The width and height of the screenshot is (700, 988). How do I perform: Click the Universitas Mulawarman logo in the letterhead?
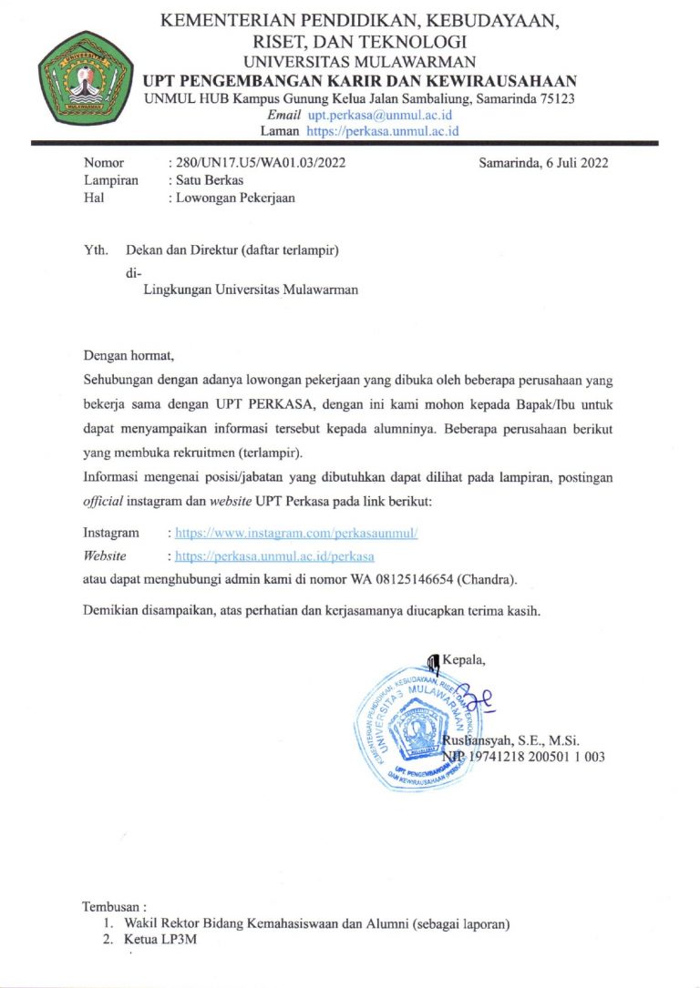[84, 77]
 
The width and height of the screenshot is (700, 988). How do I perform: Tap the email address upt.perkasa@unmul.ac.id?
[379, 116]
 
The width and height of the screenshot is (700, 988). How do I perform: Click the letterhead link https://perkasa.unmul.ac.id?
[383, 130]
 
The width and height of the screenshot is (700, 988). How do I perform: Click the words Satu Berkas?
[205, 180]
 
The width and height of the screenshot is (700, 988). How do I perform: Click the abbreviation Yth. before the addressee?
[95, 249]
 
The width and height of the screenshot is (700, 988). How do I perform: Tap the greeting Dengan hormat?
[128, 354]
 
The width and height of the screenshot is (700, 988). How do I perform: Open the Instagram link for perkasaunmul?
[296, 533]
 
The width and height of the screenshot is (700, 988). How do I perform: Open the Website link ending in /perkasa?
[274, 555]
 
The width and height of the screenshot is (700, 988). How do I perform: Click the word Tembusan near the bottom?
[113, 907]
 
